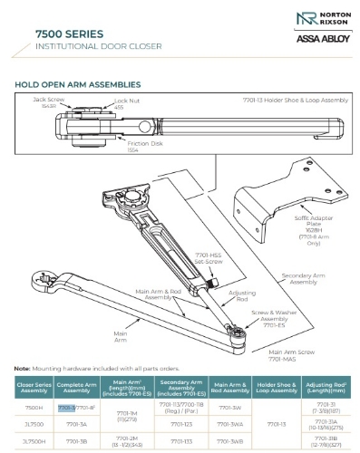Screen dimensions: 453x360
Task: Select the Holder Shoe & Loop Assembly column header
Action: (278, 390)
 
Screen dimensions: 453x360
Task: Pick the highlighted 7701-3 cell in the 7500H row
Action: (66, 408)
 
